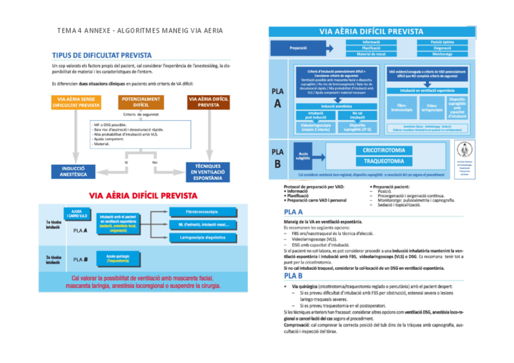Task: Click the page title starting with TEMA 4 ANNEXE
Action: pos(140,30)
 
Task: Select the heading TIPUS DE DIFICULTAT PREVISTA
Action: pos(102,55)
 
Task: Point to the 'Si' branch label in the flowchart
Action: pos(126,162)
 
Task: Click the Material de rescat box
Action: pos(370,55)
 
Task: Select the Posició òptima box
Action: pos(442,41)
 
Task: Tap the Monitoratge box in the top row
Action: pos(442,55)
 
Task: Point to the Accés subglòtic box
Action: pos(302,156)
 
